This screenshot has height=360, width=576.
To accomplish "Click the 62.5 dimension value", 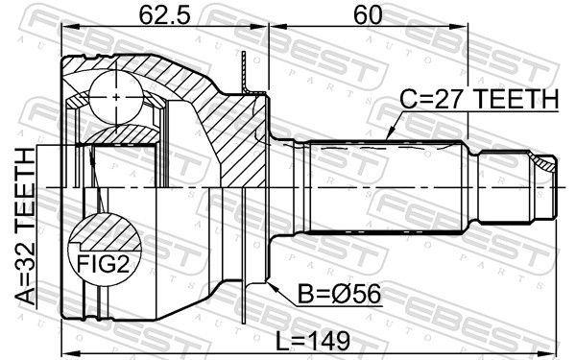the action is (x=165, y=15).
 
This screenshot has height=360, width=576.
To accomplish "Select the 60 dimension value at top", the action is (x=368, y=15).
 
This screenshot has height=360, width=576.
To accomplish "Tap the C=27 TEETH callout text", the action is (x=479, y=99).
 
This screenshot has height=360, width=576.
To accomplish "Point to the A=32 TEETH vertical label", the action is (x=26, y=227).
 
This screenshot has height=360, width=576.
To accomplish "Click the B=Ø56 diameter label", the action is (x=339, y=295).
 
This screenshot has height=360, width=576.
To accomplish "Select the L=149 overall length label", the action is (x=313, y=341).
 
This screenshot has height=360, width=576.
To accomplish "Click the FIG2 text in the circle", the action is (x=104, y=264).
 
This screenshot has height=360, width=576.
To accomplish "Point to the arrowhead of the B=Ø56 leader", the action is (x=274, y=287).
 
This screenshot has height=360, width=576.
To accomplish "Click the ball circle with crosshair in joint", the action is (x=116, y=97).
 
